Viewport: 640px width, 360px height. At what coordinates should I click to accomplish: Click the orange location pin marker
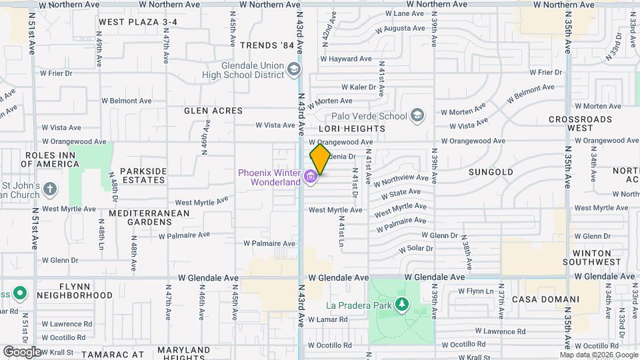320,159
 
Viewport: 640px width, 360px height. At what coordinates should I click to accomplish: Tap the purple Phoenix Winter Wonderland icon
310,177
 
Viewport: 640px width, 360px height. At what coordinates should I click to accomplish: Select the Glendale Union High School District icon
293,69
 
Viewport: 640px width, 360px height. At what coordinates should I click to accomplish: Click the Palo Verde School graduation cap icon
417,115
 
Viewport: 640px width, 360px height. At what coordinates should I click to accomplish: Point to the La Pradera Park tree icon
401,305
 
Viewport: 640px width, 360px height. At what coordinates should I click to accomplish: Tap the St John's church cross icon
50,190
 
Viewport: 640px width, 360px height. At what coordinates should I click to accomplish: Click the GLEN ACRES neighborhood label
213,111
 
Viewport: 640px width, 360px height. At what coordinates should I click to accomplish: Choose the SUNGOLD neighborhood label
491,172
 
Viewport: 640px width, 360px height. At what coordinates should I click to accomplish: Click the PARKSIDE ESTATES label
143,175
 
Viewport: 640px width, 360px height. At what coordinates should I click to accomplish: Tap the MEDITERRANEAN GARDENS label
149,218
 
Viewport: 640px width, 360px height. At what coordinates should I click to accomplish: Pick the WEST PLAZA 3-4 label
138,22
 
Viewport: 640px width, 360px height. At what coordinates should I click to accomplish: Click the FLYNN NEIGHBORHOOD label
75,291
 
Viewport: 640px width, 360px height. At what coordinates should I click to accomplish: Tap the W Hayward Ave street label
345,59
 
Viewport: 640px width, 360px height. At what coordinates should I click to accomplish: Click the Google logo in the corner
22,351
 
